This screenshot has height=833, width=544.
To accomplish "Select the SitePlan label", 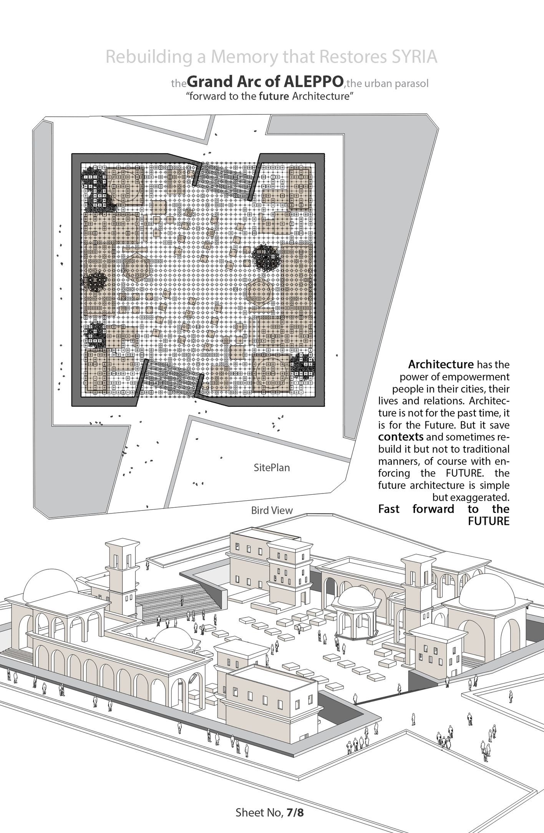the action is pyautogui.click(x=272, y=468).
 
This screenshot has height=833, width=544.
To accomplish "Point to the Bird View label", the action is pyautogui.click(x=272, y=510).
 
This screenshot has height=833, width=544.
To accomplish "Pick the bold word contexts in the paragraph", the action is pyautogui.click(x=401, y=437).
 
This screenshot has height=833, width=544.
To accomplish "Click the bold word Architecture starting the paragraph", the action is pyautogui.click(x=441, y=364).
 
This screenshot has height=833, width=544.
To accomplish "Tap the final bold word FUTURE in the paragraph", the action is pyautogui.click(x=488, y=521).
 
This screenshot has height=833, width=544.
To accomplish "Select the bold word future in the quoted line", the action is pyautogui.click(x=274, y=96).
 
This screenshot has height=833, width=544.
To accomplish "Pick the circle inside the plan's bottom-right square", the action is pyautogui.click(x=271, y=372).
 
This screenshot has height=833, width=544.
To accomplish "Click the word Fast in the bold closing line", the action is pyautogui.click(x=389, y=509).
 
